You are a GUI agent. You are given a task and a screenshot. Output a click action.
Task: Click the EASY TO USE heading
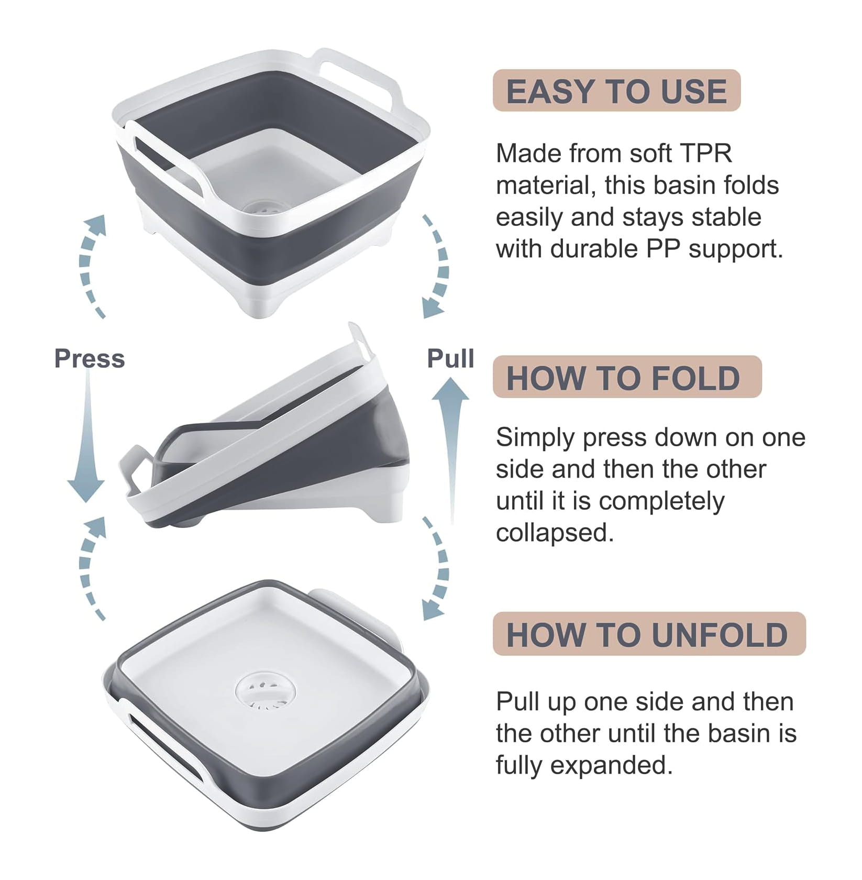(616, 91)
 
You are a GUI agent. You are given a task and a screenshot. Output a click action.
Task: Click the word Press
(90, 359)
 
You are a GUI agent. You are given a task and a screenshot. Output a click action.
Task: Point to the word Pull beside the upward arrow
(451, 359)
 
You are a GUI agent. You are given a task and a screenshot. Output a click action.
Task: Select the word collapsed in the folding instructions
(555, 533)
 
